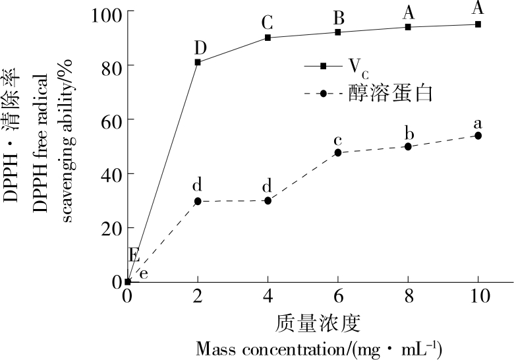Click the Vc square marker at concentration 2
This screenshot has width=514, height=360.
click(198, 62)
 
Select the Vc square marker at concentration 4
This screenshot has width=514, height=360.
click(268, 38)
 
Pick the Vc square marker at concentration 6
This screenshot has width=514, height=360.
click(338, 32)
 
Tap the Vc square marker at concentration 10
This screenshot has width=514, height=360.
click(478, 24)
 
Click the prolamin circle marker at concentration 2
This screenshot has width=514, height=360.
click(198, 201)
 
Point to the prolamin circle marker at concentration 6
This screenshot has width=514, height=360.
click(338, 152)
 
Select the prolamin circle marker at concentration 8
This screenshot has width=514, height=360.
click(408, 146)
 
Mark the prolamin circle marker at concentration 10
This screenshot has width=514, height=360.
click(478, 136)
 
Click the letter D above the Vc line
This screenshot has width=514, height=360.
click(200, 47)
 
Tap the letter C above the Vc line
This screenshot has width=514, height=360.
click(267, 23)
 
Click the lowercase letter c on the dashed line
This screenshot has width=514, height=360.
click(338, 140)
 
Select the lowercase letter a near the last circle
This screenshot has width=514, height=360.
click(478, 123)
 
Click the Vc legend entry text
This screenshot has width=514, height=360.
click(355, 66)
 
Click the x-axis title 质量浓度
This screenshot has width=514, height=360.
click(318, 324)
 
